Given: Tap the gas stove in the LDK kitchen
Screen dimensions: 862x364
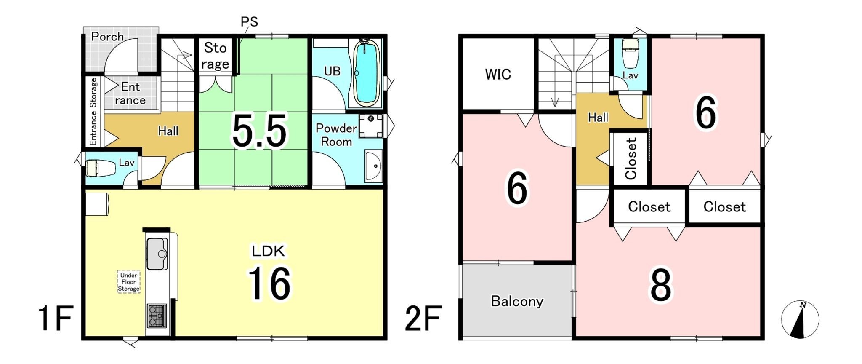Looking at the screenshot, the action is (157, 316).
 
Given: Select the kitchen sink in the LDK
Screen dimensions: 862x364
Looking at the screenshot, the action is (157, 254).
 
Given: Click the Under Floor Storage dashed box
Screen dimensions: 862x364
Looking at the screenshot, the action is (128, 282).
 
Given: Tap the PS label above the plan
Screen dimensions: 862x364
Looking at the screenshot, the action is (249, 21).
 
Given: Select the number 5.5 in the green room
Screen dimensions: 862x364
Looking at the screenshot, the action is (259, 131).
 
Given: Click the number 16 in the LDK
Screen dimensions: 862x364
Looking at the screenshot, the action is (269, 284).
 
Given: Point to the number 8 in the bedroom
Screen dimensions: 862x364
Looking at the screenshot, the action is (661, 285).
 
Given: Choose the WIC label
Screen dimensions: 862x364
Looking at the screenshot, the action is (498, 75).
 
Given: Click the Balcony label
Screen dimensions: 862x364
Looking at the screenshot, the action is (517, 301).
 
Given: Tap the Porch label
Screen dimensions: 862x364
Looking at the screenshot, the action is (108, 37).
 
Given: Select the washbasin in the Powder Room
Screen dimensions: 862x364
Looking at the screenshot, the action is (374, 166).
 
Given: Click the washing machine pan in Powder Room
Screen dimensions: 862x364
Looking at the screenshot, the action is (371, 126).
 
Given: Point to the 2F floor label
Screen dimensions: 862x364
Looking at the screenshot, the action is (423, 318).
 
